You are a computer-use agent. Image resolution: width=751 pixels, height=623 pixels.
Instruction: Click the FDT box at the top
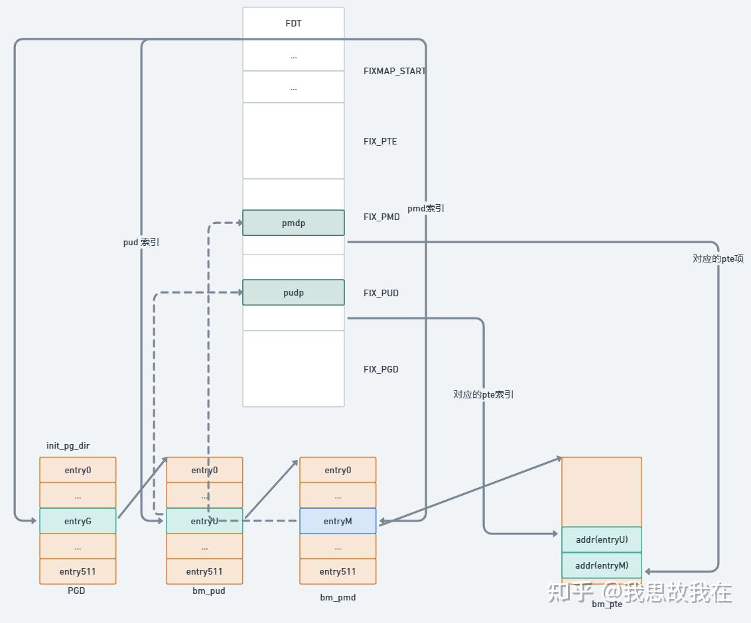click(293, 23)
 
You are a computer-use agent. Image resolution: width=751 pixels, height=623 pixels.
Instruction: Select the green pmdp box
click(293, 223)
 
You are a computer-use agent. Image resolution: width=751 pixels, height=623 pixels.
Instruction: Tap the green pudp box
click(293, 292)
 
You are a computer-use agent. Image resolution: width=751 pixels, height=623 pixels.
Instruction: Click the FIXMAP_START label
click(394, 71)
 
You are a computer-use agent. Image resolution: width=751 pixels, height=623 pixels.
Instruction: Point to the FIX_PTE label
click(380, 141)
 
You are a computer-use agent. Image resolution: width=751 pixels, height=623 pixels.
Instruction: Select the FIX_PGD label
click(381, 369)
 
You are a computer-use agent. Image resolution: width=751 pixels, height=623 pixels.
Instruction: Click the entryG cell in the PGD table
click(78, 521)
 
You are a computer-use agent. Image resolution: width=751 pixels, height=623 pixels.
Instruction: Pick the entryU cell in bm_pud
click(204, 521)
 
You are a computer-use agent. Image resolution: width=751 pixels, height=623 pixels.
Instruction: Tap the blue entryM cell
click(338, 521)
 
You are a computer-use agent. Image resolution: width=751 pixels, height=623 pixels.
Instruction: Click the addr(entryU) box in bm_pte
click(602, 539)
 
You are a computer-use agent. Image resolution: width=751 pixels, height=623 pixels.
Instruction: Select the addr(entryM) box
click(602, 565)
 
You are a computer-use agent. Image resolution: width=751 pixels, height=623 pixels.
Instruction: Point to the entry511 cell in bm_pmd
click(338, 571)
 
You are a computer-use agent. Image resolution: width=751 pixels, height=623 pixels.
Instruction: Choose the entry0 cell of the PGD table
click(78, 470)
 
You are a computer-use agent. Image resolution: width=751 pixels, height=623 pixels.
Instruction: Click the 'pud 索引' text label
click(141, 243)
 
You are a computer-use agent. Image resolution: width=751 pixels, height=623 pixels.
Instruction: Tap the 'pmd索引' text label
click(426, 208)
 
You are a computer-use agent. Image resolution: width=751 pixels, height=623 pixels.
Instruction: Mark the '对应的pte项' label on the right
click(718, 258)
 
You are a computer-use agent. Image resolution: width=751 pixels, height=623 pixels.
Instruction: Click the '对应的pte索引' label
click(484, 394)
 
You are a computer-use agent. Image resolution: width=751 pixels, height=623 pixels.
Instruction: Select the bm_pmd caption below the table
click(338, 597)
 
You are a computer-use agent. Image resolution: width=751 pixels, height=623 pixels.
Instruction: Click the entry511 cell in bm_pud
click(204, 571)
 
